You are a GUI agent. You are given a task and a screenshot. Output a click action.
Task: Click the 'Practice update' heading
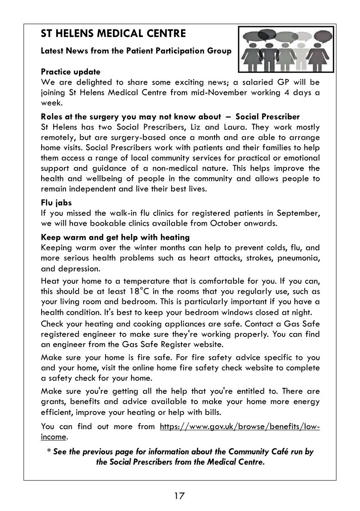click(x=70, y=72)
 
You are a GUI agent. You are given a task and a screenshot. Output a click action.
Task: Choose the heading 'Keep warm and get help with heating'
click(x=115, y=237)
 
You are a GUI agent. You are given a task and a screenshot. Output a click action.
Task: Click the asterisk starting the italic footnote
click(x=49, y=451)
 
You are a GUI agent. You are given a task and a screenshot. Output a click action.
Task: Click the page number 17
click(x=179, y=496)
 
